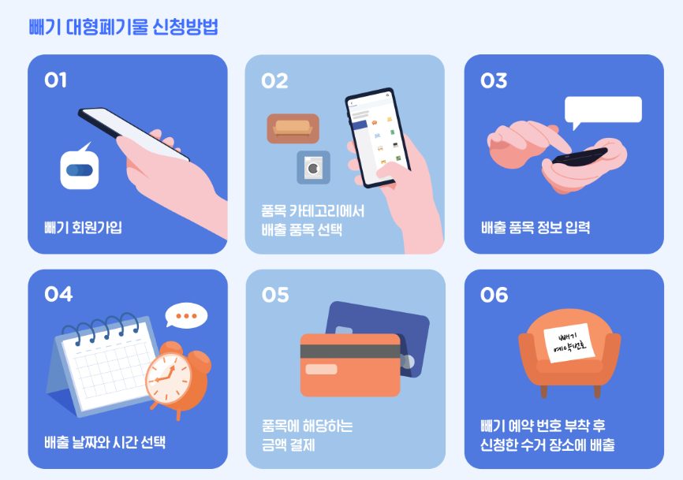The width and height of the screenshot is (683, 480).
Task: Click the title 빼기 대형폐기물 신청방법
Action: click(x=123, y=27)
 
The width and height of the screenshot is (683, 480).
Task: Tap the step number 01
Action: click(x=55, y=80)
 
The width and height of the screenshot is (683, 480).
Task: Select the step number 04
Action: click(x=58, y=294)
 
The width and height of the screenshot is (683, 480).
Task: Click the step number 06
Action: click(x=494, y=295)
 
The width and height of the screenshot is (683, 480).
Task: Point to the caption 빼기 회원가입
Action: click(x=83, y=227)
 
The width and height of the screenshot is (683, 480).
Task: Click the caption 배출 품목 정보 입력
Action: click(x=536, y=227)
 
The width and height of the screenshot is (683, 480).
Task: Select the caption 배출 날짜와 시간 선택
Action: click(x=105, y=442)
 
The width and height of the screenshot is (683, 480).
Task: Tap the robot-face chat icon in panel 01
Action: click(x=80, y=167)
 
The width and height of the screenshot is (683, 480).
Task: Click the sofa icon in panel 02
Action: click(x=293, y=128)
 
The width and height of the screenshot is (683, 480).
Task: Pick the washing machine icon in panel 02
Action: click(x=313, y=168)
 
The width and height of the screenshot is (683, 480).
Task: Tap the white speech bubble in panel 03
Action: click(x=603, y=112)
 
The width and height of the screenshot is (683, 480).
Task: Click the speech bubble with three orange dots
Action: click(x=186, y=315)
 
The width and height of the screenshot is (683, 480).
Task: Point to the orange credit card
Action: click(x=350, y=365)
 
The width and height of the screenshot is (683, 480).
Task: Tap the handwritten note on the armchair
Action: click(x=569, y=343)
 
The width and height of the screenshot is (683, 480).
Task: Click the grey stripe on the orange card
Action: click(x=350, y=352)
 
